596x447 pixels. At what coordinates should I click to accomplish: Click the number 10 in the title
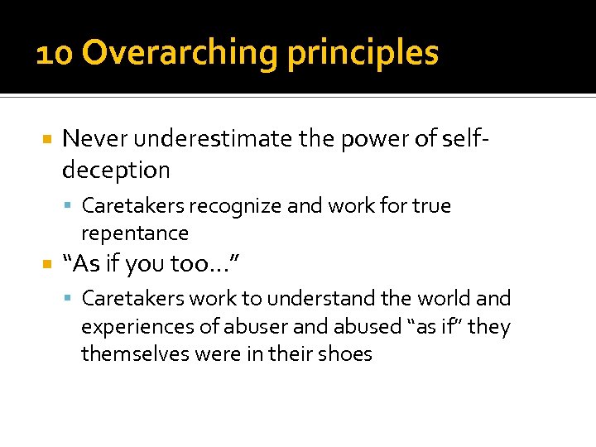55,54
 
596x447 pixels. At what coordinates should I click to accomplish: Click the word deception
116,170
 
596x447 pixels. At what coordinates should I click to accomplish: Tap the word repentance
135,233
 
